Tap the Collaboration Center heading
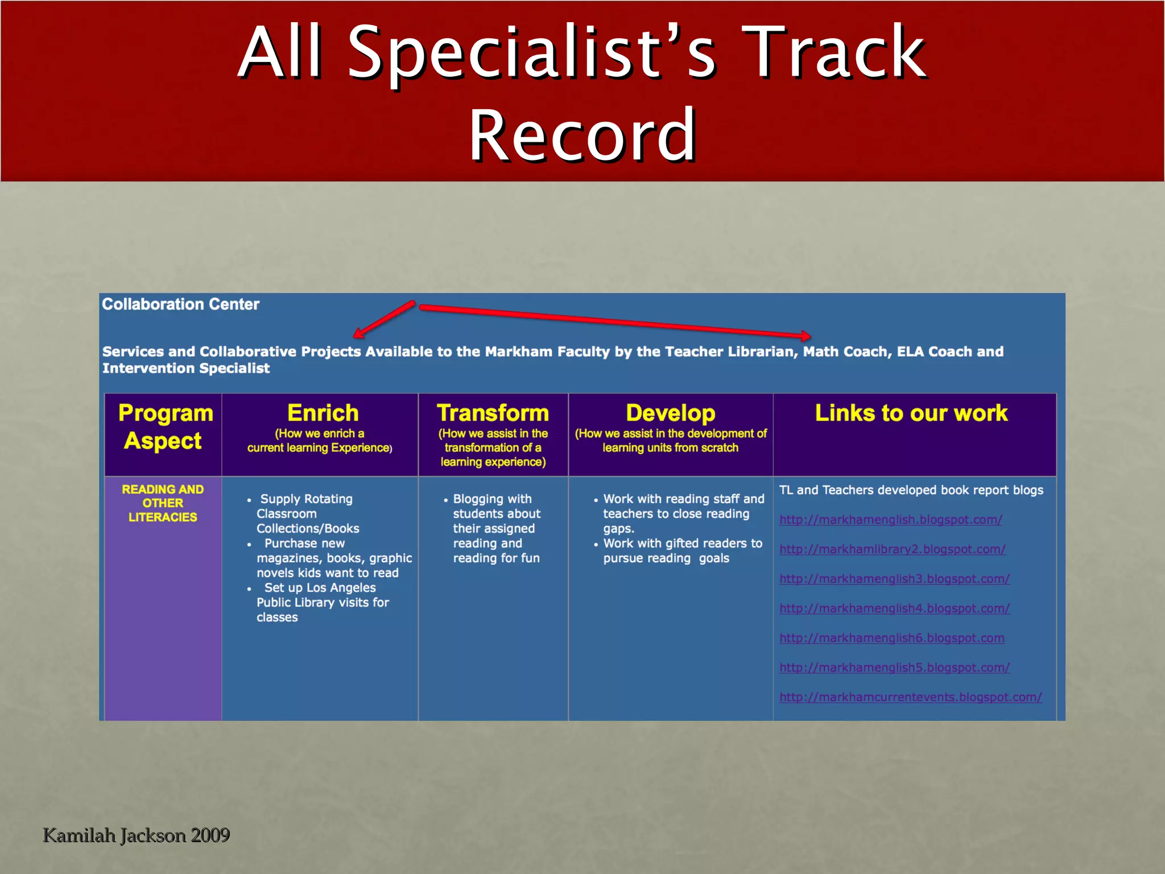coord(180,304)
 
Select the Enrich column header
coord(323,413)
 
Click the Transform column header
coord(493,413)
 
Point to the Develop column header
coord(670,413)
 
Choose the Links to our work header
coord(911,413)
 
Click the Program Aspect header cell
coord(164,427)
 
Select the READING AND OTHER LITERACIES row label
coord(163,503)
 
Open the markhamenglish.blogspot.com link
coord(890,520)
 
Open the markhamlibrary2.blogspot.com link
coord(892,549)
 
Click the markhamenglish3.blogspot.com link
coord(894,579)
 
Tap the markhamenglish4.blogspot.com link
coord(894,608)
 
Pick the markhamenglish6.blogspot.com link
coord(891,638)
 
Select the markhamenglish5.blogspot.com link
coord(894,667)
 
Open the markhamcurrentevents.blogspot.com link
coord(910,697)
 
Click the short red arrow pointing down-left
coord(385,319)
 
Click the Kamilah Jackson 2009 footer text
coord(136,835)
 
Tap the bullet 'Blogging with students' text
coord(495,528)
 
